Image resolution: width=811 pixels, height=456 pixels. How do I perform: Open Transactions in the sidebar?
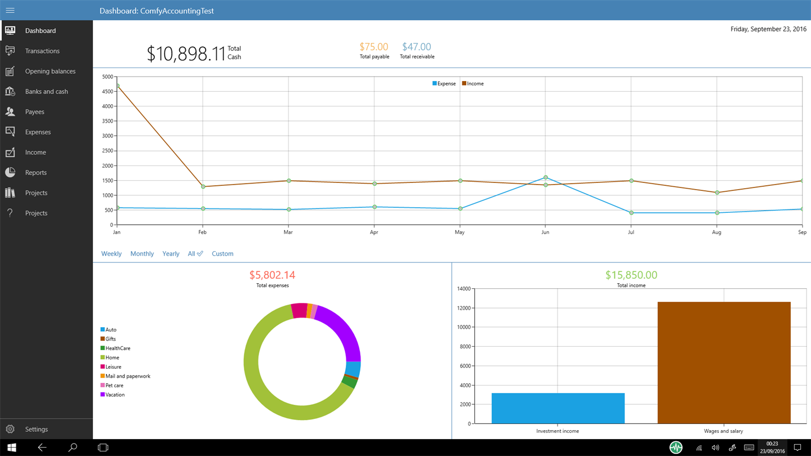[42, 51]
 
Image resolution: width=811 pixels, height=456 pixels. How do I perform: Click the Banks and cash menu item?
[46, 92]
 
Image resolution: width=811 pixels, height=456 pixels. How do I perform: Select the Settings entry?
[36, 430]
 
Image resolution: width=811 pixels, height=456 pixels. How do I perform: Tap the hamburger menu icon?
[10, 10]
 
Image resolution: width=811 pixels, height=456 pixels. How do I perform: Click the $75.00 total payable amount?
[374, 47]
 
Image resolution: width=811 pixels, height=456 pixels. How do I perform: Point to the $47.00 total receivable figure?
[417, 47]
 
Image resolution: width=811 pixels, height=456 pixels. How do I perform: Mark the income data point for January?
[117, 86]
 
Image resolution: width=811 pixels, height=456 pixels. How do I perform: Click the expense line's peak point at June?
[546, 178]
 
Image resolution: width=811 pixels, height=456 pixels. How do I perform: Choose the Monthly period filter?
[142, 254]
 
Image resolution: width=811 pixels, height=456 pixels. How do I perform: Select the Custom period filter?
[222, 254]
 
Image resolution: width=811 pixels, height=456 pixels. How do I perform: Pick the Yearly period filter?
[171, 254]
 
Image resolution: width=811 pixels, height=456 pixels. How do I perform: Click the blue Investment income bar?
[558, 408]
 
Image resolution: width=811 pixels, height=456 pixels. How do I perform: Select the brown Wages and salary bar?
[724, 363]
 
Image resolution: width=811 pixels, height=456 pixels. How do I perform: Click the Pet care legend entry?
[114, 386]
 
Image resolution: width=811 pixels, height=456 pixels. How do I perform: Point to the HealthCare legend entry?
[117, 348]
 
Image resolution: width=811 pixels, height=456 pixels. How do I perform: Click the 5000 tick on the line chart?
[107, 77]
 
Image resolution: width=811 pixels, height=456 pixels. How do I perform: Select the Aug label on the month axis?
[716, 233]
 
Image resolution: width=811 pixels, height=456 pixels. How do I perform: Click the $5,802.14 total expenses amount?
[272, 275]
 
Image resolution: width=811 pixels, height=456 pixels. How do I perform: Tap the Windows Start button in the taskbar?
[11, 448]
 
